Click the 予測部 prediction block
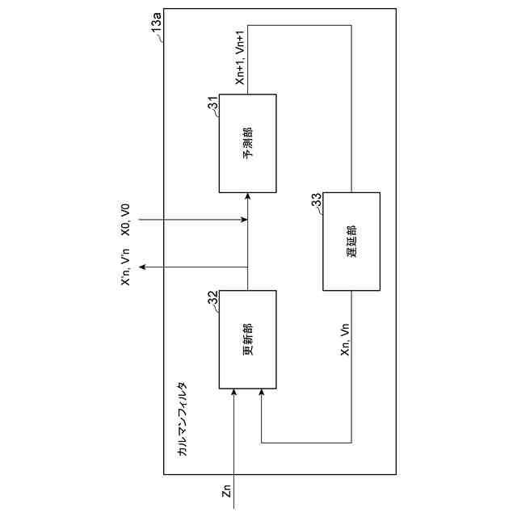point(247,143)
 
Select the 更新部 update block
point(247,338)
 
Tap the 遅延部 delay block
point(351,241)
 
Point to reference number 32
point(213,299)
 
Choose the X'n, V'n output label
point(125,267)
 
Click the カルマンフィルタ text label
point(183,420)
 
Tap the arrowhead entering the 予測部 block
point(247,196)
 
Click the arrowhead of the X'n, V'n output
point(141,267)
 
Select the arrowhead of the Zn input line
point(233,392)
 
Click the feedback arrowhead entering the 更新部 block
point(262,392)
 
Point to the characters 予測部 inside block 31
point(247,143)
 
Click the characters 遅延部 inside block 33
point(351,241)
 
